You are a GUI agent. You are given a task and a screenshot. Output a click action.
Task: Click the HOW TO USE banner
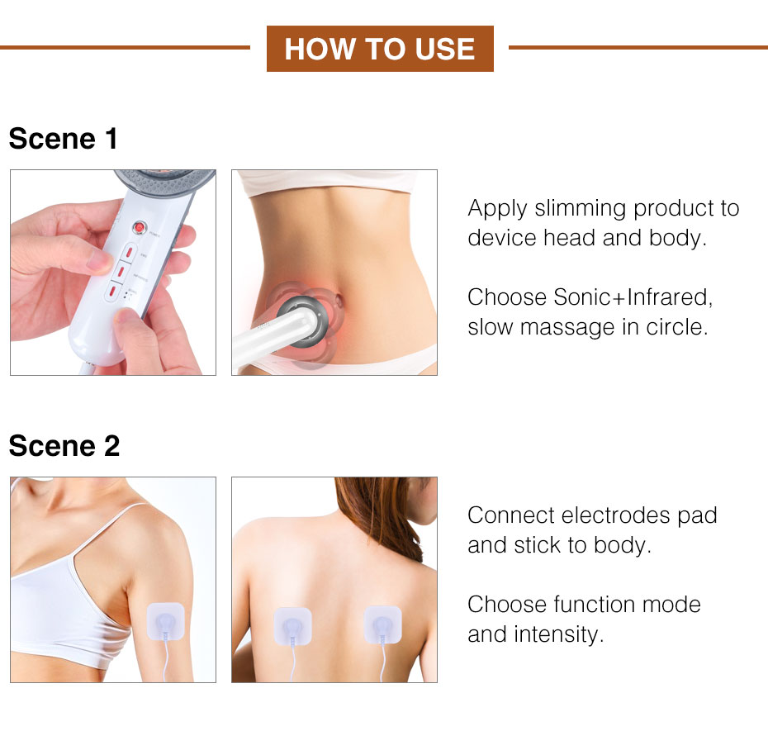tap(380, 49)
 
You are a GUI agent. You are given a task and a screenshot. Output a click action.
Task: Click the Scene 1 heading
tap(64, 139)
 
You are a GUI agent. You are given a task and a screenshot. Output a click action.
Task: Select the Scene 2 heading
tap(64, 446)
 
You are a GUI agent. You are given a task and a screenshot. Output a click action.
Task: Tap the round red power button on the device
tap(140, 225)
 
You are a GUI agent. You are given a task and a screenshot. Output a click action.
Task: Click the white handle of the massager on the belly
tap(257, 347)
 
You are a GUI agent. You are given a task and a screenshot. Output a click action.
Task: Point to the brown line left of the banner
tap(124, 48)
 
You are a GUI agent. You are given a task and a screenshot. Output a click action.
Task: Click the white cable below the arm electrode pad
tap(168, 665)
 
